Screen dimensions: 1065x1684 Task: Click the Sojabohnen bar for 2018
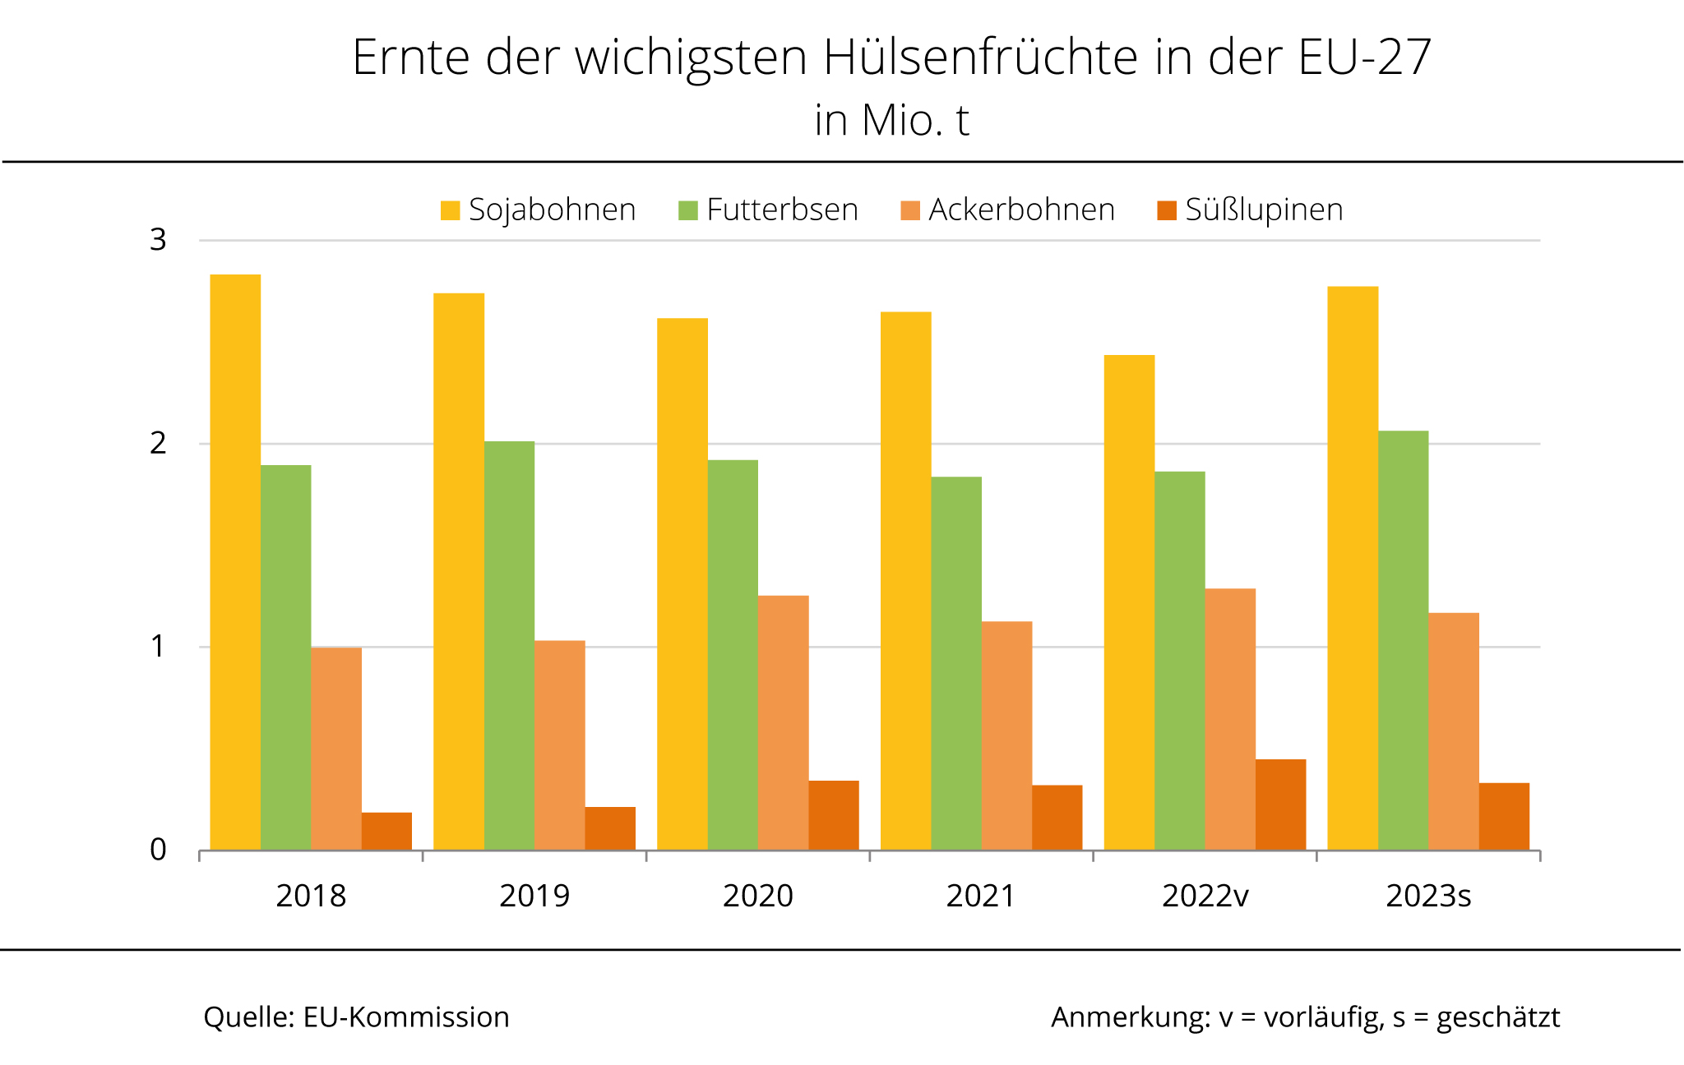(235, 562)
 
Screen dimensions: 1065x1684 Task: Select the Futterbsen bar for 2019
(509, 645)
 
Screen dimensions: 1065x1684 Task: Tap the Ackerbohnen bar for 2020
(783, 722)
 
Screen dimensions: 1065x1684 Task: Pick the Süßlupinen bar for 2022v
(1280, 805)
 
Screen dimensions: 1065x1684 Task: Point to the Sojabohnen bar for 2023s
(1353, 568)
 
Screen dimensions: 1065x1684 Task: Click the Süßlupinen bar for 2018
(386, 831)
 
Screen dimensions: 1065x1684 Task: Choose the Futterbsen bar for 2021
(956, 663)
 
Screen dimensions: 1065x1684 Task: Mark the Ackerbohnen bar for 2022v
(1230, 719)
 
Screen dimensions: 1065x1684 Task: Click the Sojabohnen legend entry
(539, 210)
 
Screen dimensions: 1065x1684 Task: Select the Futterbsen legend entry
(769, 210)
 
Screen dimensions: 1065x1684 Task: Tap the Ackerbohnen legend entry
(1008, 210)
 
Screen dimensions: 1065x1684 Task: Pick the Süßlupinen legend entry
(1250, 210)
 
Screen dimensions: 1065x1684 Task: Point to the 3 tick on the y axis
(158, 240)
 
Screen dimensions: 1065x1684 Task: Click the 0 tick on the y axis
(158, 850)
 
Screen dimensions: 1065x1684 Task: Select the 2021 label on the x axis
(981, 896)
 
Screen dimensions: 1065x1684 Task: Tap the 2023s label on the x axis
(1428, 896)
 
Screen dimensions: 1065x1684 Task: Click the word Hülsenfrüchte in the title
(982, 58)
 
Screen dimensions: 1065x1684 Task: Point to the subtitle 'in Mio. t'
(892, 121)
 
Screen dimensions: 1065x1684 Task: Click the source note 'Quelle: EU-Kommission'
(356, 1017)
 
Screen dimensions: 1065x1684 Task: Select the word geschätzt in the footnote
(1497, 1018)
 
